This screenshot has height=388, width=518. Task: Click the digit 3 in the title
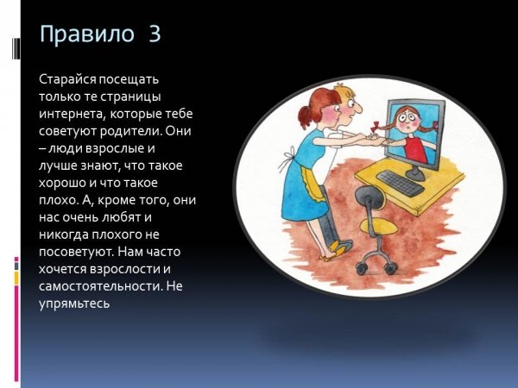[155, 34]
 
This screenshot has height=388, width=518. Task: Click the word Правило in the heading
[87, 34]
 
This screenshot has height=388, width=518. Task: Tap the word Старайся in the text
[67, 80]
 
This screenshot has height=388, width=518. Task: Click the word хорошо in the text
[62, 183]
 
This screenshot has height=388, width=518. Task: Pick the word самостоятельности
[101, 286]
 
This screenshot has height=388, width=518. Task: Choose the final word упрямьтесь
[74, 304]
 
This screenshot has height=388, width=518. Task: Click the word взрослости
[125, 269]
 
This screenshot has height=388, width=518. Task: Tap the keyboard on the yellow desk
[400, 183]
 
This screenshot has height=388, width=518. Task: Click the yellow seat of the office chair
[379, 227]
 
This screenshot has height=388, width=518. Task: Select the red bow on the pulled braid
[376, 128]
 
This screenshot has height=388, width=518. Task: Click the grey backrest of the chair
[369, 197]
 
